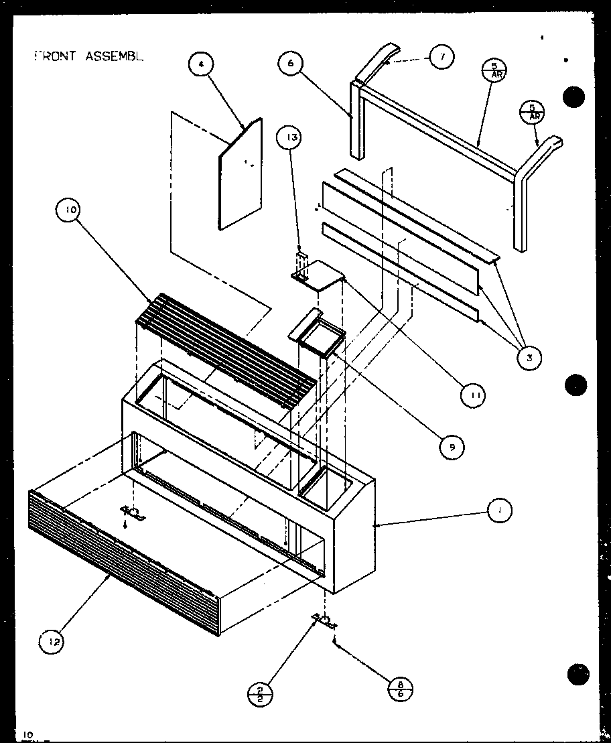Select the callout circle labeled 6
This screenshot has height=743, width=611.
click(x=291, y=65)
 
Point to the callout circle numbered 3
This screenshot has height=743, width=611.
click(x=529, y=358)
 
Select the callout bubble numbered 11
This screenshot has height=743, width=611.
click(x=474, y=397)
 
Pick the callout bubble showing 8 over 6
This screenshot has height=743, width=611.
click(x=401, y=689)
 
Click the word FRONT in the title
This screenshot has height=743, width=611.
click(x=55, y=56)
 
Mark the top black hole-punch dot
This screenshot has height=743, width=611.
click(x=573, y=96)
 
